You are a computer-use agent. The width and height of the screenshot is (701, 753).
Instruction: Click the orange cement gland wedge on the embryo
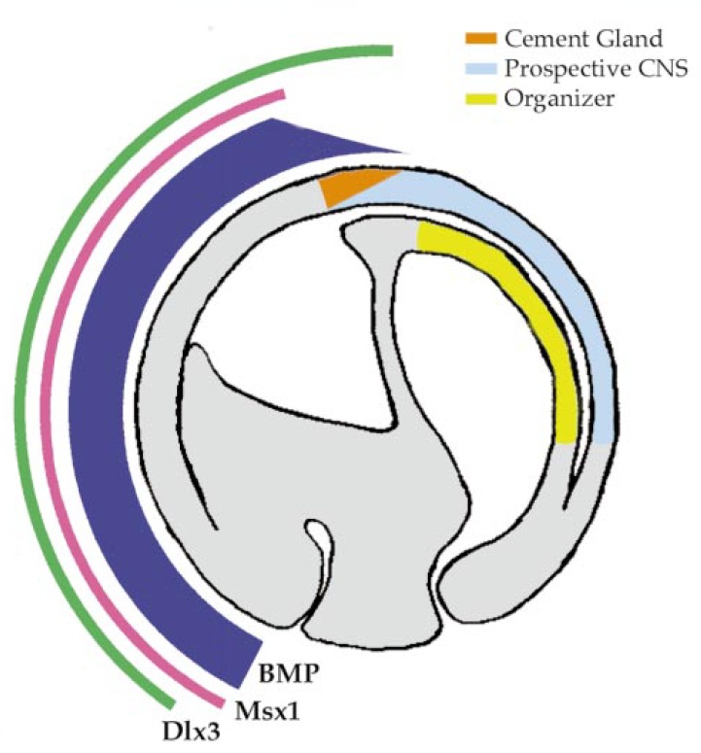pyautogui.click(x=356, y=188)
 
